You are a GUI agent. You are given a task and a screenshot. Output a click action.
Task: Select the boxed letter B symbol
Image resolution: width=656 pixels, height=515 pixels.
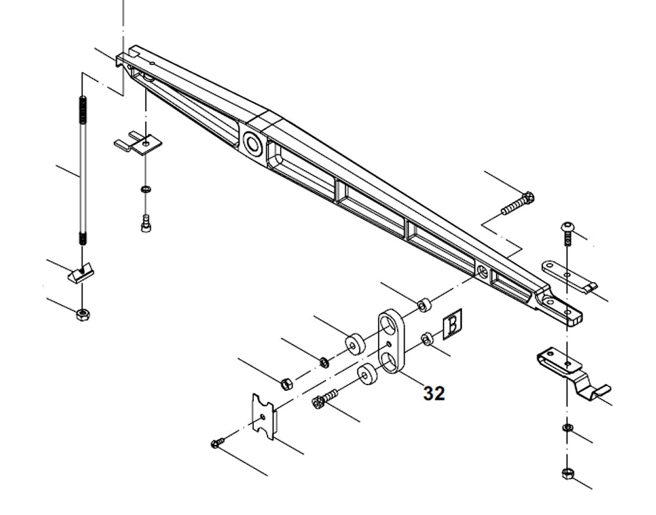pyautogui.click(x=453, y=325)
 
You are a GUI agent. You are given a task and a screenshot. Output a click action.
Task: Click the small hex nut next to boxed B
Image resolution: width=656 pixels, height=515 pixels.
pyautogui.click(x=425, y=339)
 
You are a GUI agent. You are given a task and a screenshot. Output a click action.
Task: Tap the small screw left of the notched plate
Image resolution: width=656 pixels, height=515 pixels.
pyautogui.click(x=218, y=443)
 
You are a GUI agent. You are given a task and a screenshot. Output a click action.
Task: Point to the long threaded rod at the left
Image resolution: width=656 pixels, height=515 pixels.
pyautogui.click(x=83, y=171)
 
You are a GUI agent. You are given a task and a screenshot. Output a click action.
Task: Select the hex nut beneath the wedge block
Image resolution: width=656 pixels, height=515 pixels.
pyautogui.click(x=82, y=314)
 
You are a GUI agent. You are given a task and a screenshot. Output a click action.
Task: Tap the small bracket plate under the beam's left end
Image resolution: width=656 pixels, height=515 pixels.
pyautogui.click(x=139, y=143)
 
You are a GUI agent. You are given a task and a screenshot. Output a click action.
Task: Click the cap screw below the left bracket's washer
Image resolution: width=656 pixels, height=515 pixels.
pyautogui.click(x=146, y=223)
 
